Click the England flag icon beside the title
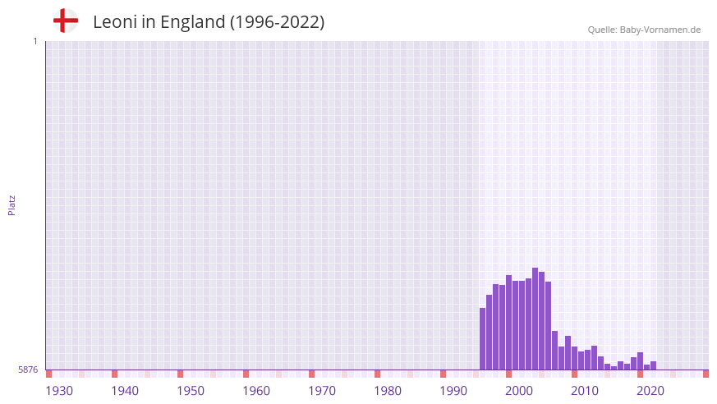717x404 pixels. [x=66, y=21]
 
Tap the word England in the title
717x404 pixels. [x=192, y=22]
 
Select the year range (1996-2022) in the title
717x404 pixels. [x=277, y=22]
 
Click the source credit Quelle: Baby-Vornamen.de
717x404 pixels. [x=644, y=30]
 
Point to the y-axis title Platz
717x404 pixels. [x=11, y=204]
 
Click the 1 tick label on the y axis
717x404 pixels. [x=34, y=41]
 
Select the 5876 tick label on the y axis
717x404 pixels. [x=28, y=370]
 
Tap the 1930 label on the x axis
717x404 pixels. [x=59, y=391]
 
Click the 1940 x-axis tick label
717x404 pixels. [x=125, y=391]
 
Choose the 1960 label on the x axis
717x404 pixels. [x=256, y=391]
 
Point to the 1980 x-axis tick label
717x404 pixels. [x=388, y=391]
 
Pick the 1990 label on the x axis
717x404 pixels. [x=453, y=391]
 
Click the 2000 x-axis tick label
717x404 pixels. [x=519, y=391]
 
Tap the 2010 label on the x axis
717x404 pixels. [x=585, y=391]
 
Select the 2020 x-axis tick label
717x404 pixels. [x=650, y=391]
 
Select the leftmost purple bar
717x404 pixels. [x=482, y=338]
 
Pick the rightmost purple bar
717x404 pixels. [x=653, y=365]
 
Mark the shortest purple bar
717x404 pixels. [x=614, y=368]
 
